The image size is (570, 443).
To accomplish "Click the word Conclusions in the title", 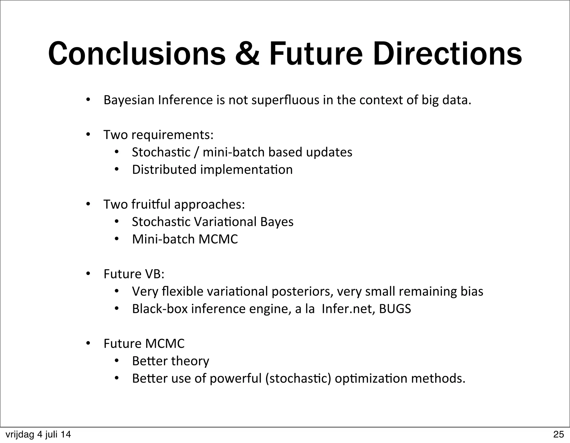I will (137, 54).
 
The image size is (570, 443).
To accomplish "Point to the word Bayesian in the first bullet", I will (129, 100).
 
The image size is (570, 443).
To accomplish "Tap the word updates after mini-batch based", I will (329, 152).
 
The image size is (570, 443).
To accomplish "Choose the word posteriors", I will (302, 291).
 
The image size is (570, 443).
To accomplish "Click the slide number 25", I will (559, 434).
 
